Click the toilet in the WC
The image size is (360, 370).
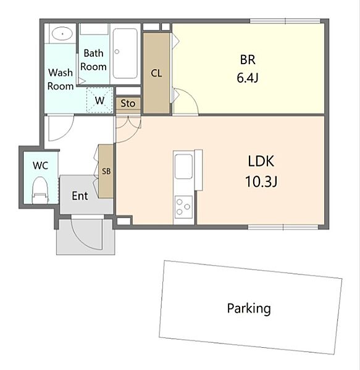point(40,190)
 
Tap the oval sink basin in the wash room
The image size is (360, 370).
point(62,34)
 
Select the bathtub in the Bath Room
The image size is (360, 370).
point(125,54)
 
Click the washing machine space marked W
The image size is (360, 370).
point(99,100)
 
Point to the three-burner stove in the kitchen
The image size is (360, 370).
point(183,207)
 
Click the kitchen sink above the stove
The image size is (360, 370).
point(183,166)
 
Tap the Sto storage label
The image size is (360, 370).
point(128,104)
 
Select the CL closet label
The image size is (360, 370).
point(156,73)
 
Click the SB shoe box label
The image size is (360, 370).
point(106,171)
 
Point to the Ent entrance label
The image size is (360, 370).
point(80,195)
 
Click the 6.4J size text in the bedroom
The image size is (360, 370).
point(248,78)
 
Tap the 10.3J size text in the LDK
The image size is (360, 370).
point(261,182)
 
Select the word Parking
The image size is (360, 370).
point(249,309)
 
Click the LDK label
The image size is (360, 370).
point(261,162)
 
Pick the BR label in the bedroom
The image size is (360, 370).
point(248,59)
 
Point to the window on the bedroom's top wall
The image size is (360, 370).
point(285,21)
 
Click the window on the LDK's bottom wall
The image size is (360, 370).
point(283,227)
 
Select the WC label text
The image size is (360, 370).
point(40,165)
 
